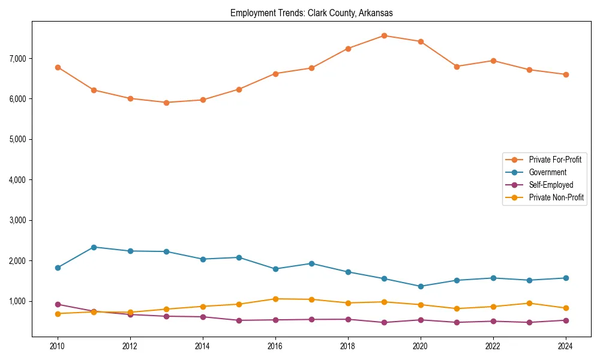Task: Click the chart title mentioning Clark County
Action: point(311,13)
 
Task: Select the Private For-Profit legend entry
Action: point(555,160)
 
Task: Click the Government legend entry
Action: point(547,172)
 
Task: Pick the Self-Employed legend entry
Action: point(551,185)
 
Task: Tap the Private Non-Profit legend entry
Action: point(556,197)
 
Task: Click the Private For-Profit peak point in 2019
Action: point(384,35)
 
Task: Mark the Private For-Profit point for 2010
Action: point(58,67)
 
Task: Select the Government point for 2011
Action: point(94,247)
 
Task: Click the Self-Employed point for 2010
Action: point(58,304)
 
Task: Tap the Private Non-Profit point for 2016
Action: point(275,299)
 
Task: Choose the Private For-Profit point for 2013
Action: point(166,103)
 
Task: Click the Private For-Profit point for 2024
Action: point(566,74)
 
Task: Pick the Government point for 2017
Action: point(311,263)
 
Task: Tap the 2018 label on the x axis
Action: point(348,346)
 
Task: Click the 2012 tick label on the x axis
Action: point(130,346)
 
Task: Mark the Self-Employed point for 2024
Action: point(566,320)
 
